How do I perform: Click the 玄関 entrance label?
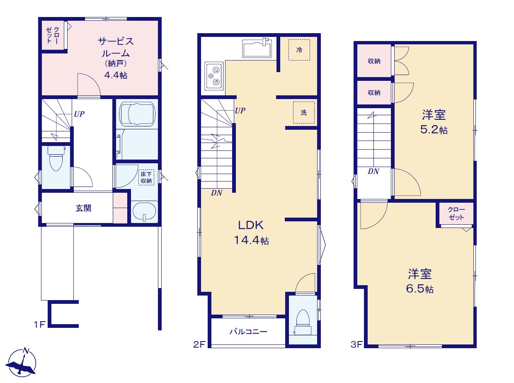(x=83, y=208)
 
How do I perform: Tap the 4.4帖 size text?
(x=116, y=75)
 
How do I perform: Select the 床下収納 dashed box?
(x=146, y=177)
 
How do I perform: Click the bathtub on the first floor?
(x=137, y=114)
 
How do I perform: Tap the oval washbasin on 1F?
(x=144, y=211)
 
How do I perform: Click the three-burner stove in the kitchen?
(x=214, y=76)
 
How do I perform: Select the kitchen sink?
(x=257, y=48)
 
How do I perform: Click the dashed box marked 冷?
(x=299, y=50)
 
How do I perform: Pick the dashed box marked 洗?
(x=304, y=113)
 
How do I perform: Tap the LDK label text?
(x=251, y=225)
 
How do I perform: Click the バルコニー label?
(x=248, y=332)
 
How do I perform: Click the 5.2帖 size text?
(x=434, y=130)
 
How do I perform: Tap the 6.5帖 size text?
(x=419, y=289)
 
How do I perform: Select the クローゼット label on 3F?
(x=456, y=213)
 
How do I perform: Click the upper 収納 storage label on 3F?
(x=374, y=61)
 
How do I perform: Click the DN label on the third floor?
(x=373, y=171)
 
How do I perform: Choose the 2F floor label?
(x=199, y=344)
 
